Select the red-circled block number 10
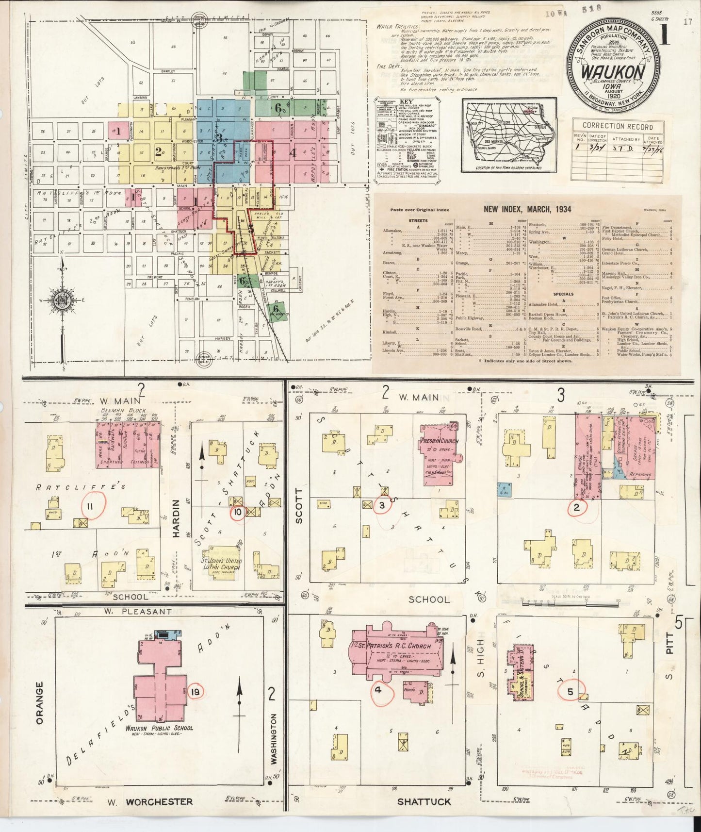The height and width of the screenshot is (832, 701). tap(238, 512)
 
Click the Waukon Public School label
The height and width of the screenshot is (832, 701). tap(159, 728)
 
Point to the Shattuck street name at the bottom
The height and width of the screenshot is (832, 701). tap(424, 802)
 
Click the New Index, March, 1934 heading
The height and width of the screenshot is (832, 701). tap(527, 209)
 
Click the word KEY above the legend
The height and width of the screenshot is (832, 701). tap(406, 103)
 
